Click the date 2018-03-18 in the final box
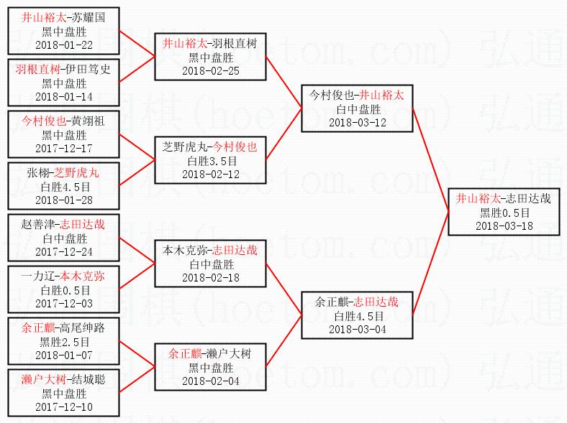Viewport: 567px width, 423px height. coord(504,226)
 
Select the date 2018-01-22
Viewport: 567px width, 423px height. coord(64,45)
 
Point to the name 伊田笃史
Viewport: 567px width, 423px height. coord(88,70)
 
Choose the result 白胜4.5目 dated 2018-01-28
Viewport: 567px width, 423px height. coord(64,187)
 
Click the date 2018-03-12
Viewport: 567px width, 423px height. coord(358,122)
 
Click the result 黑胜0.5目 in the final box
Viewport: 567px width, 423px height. coord(504,213)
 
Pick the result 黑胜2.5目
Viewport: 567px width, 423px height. coord(64,342)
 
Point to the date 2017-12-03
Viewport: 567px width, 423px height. coord(64,303)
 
